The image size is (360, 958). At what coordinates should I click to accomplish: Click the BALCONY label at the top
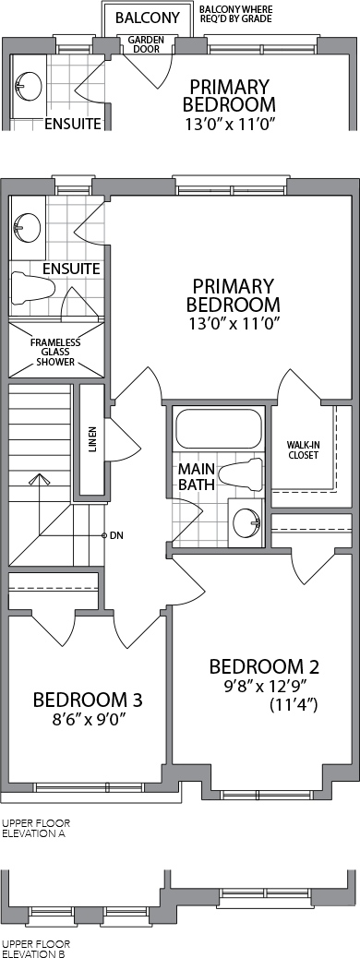[x=148, y=18]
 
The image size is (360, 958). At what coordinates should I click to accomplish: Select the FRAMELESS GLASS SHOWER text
[x=55, y=352]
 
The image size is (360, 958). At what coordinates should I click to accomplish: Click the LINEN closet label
[x=92, y=442]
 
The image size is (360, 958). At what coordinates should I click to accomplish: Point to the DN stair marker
[x=116, y=536]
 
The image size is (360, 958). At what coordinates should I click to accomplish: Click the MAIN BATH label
[x=197, y=478]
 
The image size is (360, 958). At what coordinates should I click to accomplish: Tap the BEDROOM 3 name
[x=88, y=699]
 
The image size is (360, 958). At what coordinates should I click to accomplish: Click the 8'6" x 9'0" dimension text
[x=89, y=718]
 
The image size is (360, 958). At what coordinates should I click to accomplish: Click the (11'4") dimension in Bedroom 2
[x=294, y=705]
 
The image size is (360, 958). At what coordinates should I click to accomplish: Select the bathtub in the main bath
[x=219, y=429]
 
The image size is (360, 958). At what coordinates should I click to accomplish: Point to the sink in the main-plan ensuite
[x=26, y=228]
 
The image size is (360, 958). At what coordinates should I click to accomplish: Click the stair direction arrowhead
[x=40, y=478]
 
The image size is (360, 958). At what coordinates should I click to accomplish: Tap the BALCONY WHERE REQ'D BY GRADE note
[x=236, y=15]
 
